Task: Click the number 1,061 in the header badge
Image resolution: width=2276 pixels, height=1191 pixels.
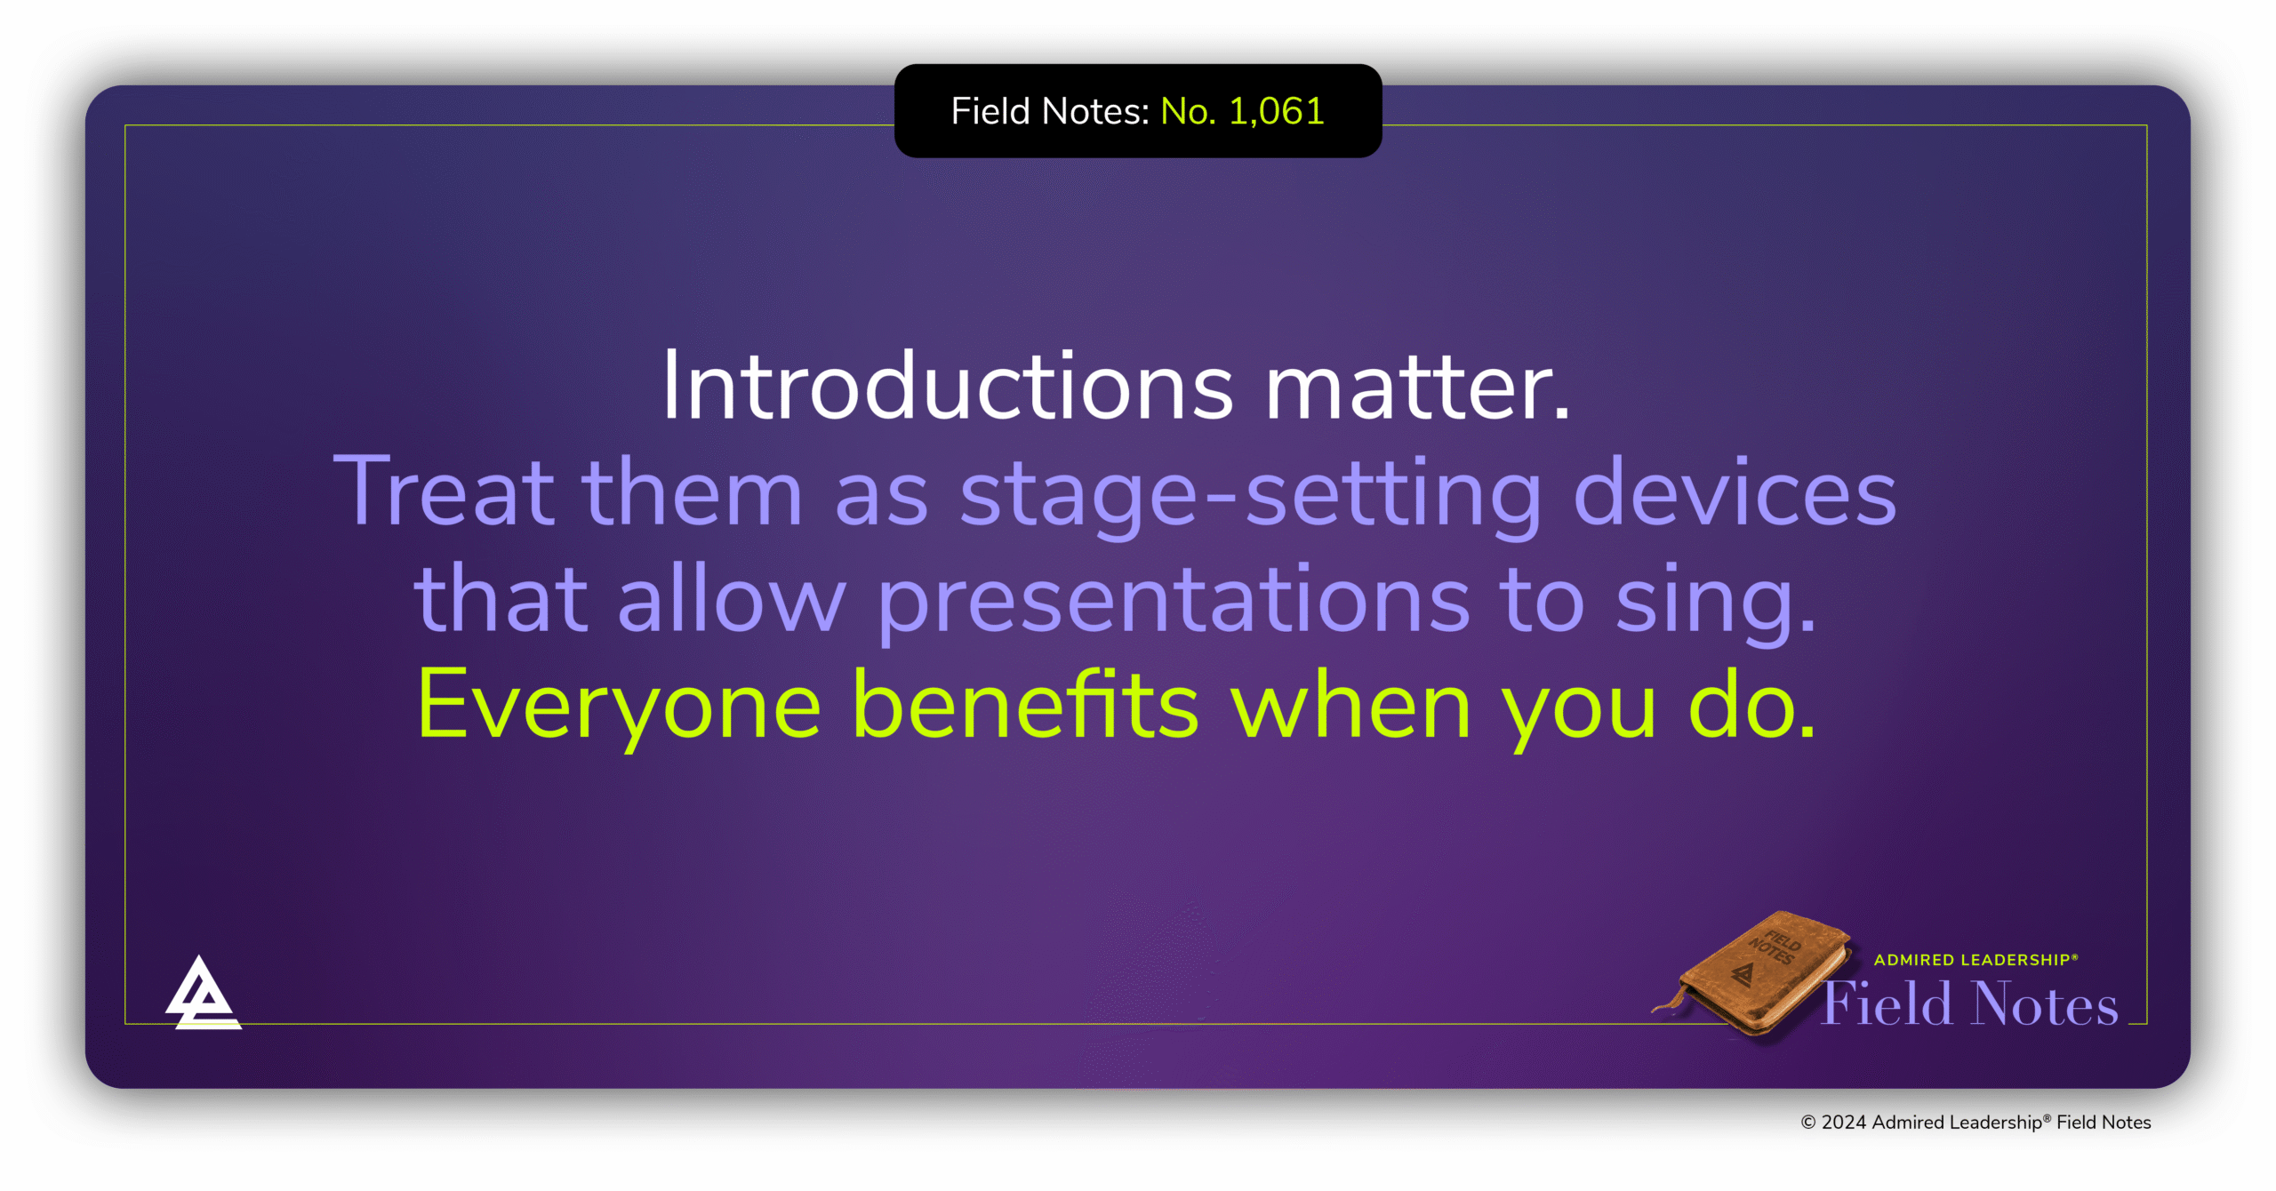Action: click(x=1276, y=112)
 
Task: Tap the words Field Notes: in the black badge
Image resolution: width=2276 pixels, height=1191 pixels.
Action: click(x=1050, y=112)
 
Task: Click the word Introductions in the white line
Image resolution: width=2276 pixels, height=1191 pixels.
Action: click(x=948, y=387)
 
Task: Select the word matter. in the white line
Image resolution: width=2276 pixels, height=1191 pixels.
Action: click(x=1417, y=387)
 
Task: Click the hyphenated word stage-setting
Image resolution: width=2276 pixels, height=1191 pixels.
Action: click(x=1250, y=494)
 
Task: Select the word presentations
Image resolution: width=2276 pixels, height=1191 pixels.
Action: click(x=1173, y=601)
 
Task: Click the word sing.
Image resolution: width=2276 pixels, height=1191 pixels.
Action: click(x=1715, y=601)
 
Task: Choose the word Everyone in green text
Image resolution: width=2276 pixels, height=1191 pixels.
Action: click(x=619, y=707)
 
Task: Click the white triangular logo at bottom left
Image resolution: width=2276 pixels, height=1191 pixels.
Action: click(x=202, y=995)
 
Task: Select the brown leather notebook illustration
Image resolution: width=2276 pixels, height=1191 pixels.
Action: click(x=1756, y=974)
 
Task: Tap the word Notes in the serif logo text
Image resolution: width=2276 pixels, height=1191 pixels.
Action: click(x=2045, y=1004)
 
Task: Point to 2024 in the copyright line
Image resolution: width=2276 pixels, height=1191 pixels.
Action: click(x=1843, y=1123)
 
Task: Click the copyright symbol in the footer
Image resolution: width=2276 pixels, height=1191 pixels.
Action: click(x=1808, y=1123)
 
